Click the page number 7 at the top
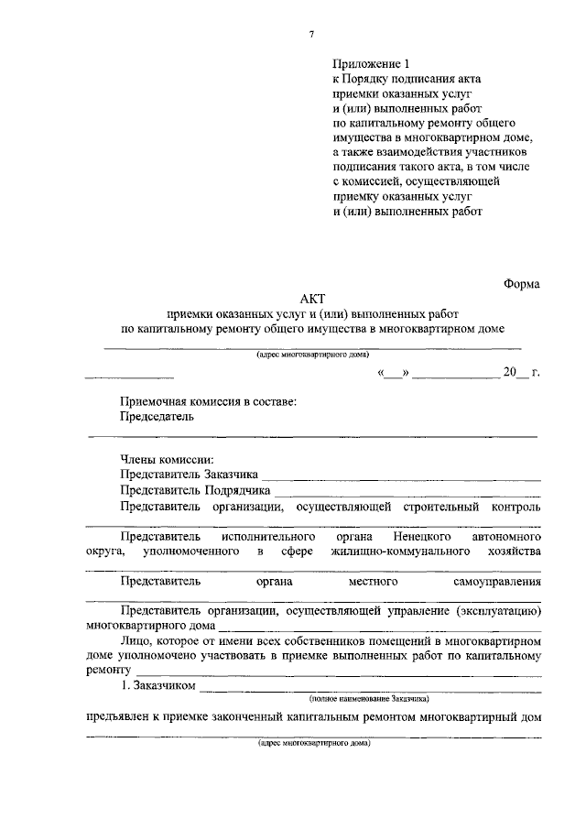311,35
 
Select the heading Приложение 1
367,63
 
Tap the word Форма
522,284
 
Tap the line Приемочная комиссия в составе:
208,401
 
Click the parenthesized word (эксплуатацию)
497,610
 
